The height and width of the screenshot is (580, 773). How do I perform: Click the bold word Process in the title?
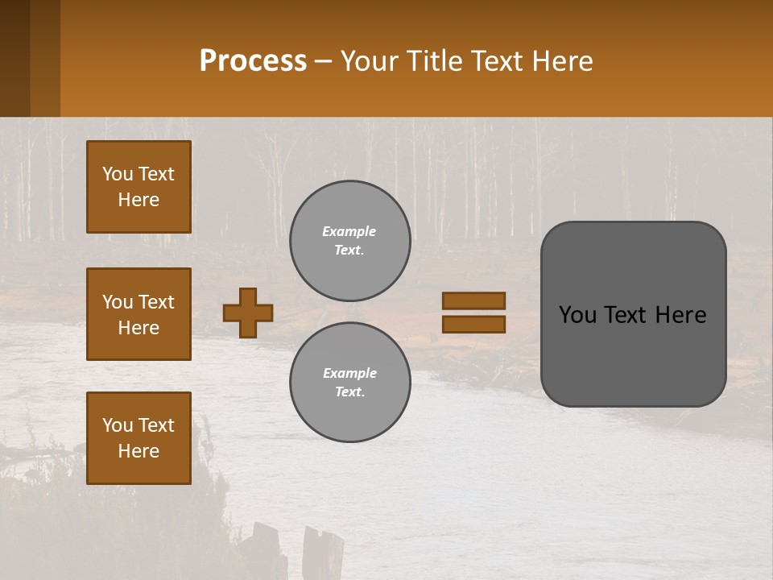pyautogui.click(x=253, y=61)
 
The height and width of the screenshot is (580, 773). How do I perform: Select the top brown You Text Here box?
pyautogui.click(x=138, y=187)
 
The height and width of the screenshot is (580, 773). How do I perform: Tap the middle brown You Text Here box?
pyautogui.click(x=138, y=314)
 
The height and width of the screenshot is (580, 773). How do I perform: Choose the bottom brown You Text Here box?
pyautogui.click(x=138, y=438)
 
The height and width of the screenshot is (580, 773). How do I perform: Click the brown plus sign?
pyautogui.click(x=248, y=313)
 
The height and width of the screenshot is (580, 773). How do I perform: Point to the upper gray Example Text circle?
pyautogui.click(x=349, y=240)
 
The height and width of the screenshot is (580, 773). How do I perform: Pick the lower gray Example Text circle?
pyautogui.click(x=349, y=382)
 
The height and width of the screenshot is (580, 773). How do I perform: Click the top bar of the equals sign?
pyautogui.click(x=473, y=301)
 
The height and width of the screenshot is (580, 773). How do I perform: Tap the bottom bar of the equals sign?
pyautogui.click(x=473, y=324)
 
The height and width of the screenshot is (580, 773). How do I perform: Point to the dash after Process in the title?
pyautogui.click(x=324, y=62)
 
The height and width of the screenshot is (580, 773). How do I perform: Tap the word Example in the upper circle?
pyautogui.click(x=349, y=231)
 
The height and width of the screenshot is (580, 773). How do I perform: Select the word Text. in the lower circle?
pyautogui.click(x=349, y=391)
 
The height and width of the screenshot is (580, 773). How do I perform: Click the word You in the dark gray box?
pyautogui.click(x=578, y=315)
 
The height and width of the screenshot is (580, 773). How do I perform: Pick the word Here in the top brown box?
pyautogui.click(x=138, y=200)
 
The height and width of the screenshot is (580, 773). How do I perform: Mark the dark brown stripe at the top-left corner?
pyautogui.click(x=14, y=58)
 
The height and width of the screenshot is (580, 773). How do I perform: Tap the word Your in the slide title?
pyautogui.click(x=367, y=61)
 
